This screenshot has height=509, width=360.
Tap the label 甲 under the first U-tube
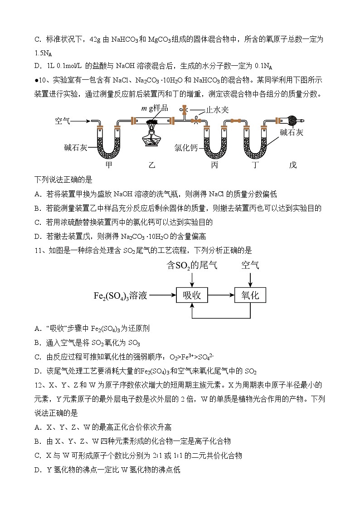(109, 165)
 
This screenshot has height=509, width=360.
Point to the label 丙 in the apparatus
(215, 165)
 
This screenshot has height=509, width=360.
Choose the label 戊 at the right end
(293, 165)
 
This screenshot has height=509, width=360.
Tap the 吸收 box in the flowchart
(192, 296)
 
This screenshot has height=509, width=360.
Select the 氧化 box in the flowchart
(250, 296)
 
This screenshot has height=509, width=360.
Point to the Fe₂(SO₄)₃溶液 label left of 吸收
(120, 296)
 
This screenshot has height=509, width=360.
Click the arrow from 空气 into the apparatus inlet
(81, 121)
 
